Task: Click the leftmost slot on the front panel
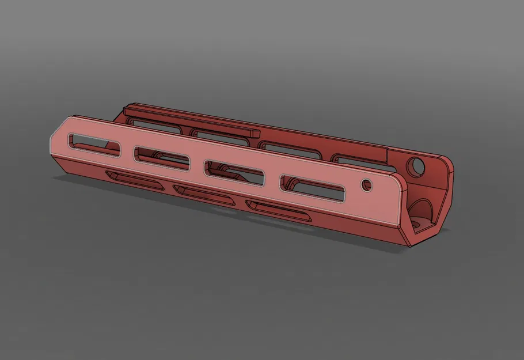pos(94,146)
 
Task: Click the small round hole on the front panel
pos(364,185)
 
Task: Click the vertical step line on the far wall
pos(388,156)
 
